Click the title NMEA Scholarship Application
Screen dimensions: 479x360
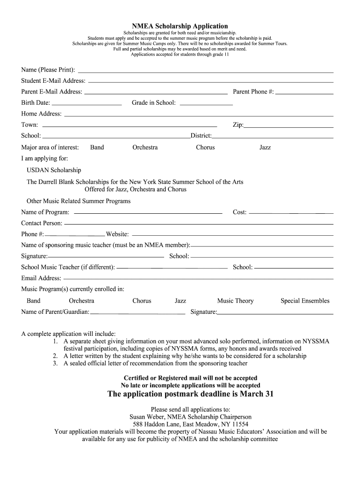pos(180,26)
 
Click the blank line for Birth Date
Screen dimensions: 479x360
pos(86,103)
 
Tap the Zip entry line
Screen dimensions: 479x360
pos(288,126)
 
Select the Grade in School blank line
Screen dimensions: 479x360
pos(206,104)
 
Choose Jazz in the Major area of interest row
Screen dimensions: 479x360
pos(265,147)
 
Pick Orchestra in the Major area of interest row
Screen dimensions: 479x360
pos(145,147)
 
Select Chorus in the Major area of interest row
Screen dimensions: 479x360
pos(205,147)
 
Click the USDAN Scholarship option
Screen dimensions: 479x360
pos(54,170)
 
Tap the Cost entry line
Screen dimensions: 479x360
pos(291,213)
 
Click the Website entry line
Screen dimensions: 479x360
pos(232,235)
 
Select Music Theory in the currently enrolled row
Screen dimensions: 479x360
pos(235,301)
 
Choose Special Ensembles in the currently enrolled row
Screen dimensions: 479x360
pos(305,301)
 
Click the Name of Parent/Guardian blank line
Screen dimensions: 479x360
pos(137,313)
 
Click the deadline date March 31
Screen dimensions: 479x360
pos(257,394)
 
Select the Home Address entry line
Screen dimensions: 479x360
pos(198,115)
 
